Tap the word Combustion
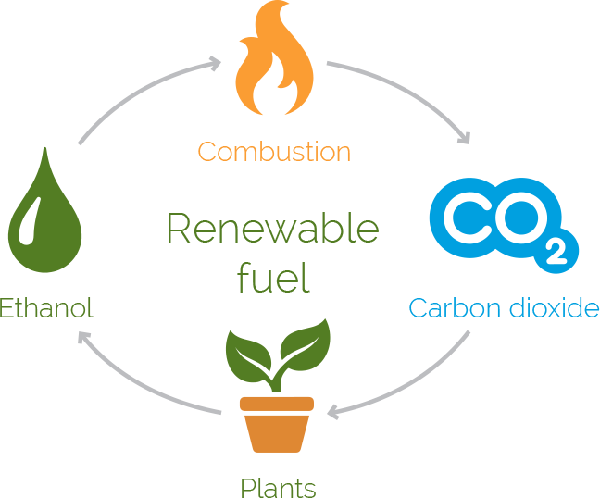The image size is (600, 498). [275, 151]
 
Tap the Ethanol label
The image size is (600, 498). [46, 308]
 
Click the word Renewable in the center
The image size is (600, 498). [273, 229]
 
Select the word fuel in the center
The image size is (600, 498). [273, 277]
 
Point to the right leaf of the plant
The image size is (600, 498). [304, 342]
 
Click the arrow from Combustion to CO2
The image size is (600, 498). [407, 93]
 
